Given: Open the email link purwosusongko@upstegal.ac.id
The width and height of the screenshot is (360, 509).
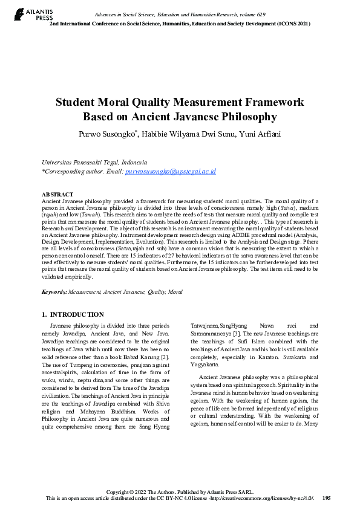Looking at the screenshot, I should [x=171, y=172].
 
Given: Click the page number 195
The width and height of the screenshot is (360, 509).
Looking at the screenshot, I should [x=327, y=498].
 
